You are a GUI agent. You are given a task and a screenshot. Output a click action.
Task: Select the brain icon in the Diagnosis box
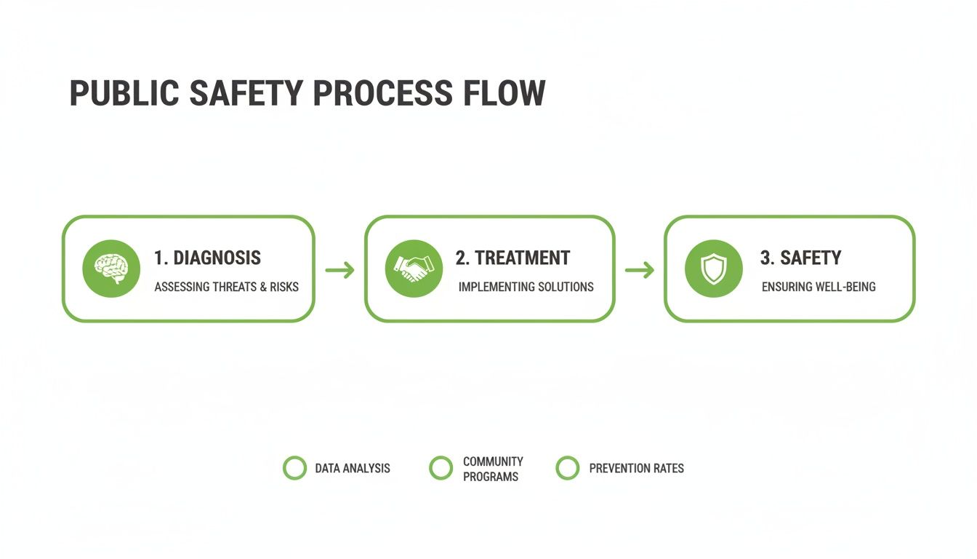point(111,269)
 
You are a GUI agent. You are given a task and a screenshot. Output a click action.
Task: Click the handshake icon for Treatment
point(414,269)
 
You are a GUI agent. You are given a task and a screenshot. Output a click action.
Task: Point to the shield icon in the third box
point(713,269)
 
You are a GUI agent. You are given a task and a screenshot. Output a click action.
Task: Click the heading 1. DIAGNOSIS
point(207,258)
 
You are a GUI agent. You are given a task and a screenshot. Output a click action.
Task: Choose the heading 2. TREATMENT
point(512,258)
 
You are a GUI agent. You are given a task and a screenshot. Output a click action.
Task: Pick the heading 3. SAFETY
point(800,258)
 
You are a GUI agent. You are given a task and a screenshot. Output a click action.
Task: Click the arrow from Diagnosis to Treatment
point(339,271)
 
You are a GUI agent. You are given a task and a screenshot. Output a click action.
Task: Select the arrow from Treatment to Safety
point(640,271)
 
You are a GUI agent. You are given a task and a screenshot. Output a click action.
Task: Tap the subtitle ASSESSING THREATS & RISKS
point(226,287)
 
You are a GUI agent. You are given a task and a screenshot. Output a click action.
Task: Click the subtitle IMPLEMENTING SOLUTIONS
point(526,287)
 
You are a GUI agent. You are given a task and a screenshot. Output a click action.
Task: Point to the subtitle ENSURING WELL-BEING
point(819,287)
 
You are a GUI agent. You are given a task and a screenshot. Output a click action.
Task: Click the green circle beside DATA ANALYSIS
point(294,468)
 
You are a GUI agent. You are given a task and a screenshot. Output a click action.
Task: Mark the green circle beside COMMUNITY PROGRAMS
point(441,468)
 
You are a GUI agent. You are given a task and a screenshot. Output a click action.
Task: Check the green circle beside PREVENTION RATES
point(567,468)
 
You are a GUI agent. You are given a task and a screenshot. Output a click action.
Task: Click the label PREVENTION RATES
point(636,468)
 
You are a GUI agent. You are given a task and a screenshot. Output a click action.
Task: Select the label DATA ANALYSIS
point(353,468)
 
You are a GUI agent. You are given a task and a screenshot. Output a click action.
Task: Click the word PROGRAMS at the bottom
point(491,477)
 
